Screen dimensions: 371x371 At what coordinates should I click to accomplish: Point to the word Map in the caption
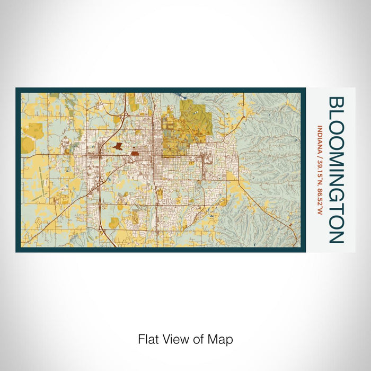click(222, 339)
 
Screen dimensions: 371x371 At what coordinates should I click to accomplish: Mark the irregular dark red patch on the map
click(118, 145)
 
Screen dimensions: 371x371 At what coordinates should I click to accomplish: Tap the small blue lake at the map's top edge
click(183, 97)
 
